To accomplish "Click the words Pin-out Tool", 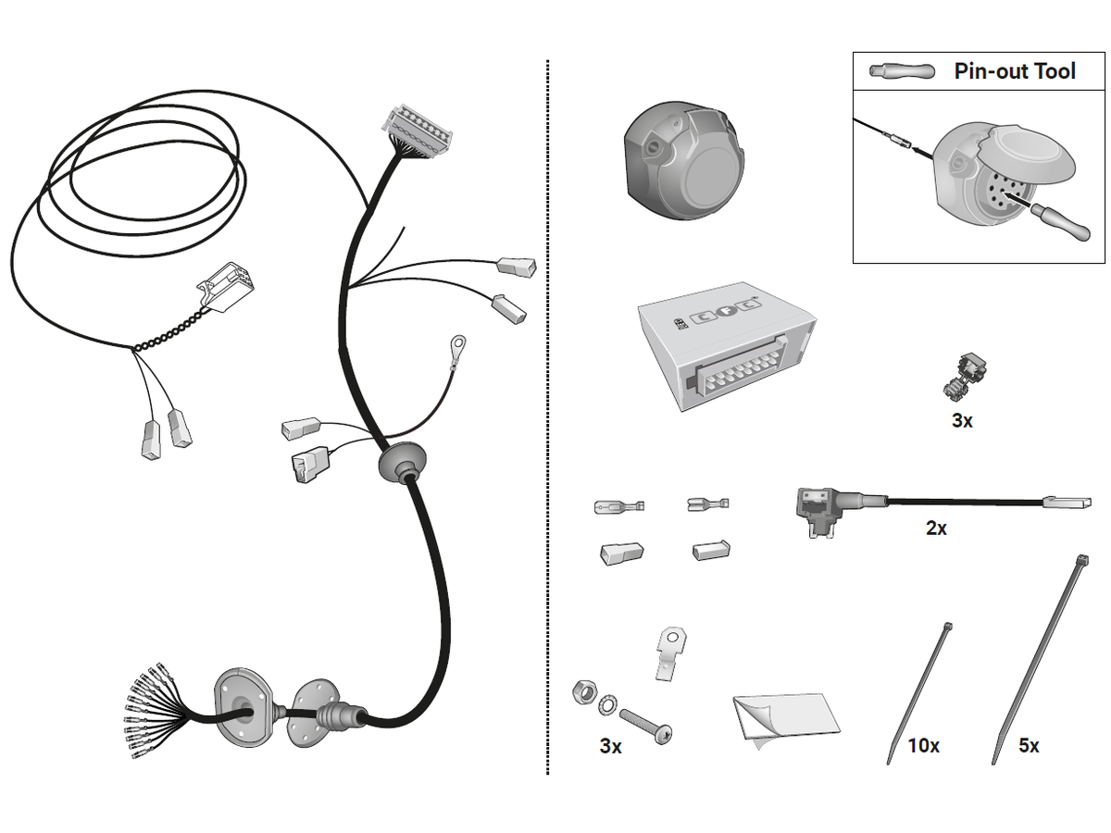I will coord(1015,71).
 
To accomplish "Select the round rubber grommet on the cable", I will coord(400,462).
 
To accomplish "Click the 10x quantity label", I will coord(923,745).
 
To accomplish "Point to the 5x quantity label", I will coord(1028,745).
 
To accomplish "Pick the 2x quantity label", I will coord(936,528).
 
